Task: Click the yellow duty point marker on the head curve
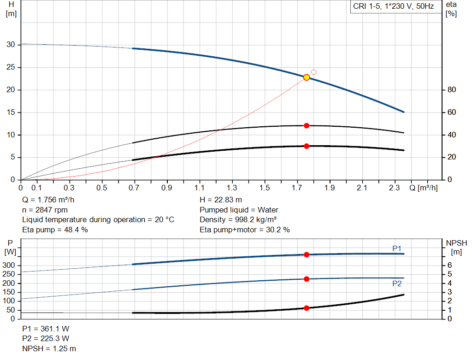click(x=307, y=77)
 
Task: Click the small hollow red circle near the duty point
click(x=314, y=72)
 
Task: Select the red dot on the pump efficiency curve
click(x=307, y=125)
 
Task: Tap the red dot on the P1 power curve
click(x=307, y=254)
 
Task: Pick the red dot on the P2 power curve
click(x=307, y=279)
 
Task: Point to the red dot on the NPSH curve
click(x=307, y=308)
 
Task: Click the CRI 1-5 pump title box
click(x=393, y=7)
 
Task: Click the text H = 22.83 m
click(x=221, y=200)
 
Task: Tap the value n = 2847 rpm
click(x=45, y=210)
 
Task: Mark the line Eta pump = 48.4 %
click(x=55, y=230)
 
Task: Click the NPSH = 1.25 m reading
click(x=49, y=348)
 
